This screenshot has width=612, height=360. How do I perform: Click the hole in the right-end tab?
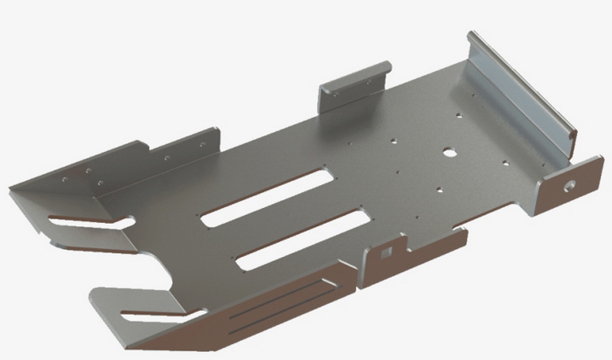(x=570, y=185)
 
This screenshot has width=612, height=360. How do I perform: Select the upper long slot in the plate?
(x=267, y=197)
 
